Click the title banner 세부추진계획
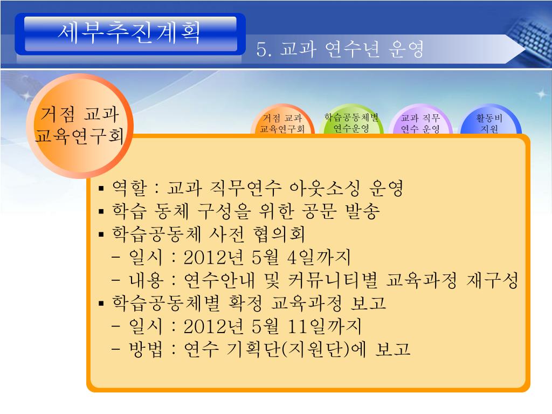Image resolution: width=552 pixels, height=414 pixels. [130, 34]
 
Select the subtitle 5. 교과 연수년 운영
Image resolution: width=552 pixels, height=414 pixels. [340, 49]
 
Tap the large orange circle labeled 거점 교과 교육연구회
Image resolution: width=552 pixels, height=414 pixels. [80, 126]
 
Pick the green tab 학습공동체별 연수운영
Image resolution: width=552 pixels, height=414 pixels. [351, 120]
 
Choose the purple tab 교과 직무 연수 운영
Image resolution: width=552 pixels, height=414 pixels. [420, 120]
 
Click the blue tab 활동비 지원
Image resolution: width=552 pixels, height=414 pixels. [489, 120]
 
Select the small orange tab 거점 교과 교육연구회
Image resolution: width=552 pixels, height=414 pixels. [282, 120]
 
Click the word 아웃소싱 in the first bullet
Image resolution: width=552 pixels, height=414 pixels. [325, 188]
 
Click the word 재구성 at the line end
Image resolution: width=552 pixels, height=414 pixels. [492, 280]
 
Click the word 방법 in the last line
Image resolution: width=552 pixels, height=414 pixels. [146, 349]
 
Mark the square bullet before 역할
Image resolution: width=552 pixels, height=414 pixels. [101, 189]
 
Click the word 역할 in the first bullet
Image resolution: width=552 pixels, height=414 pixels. [129, 188]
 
